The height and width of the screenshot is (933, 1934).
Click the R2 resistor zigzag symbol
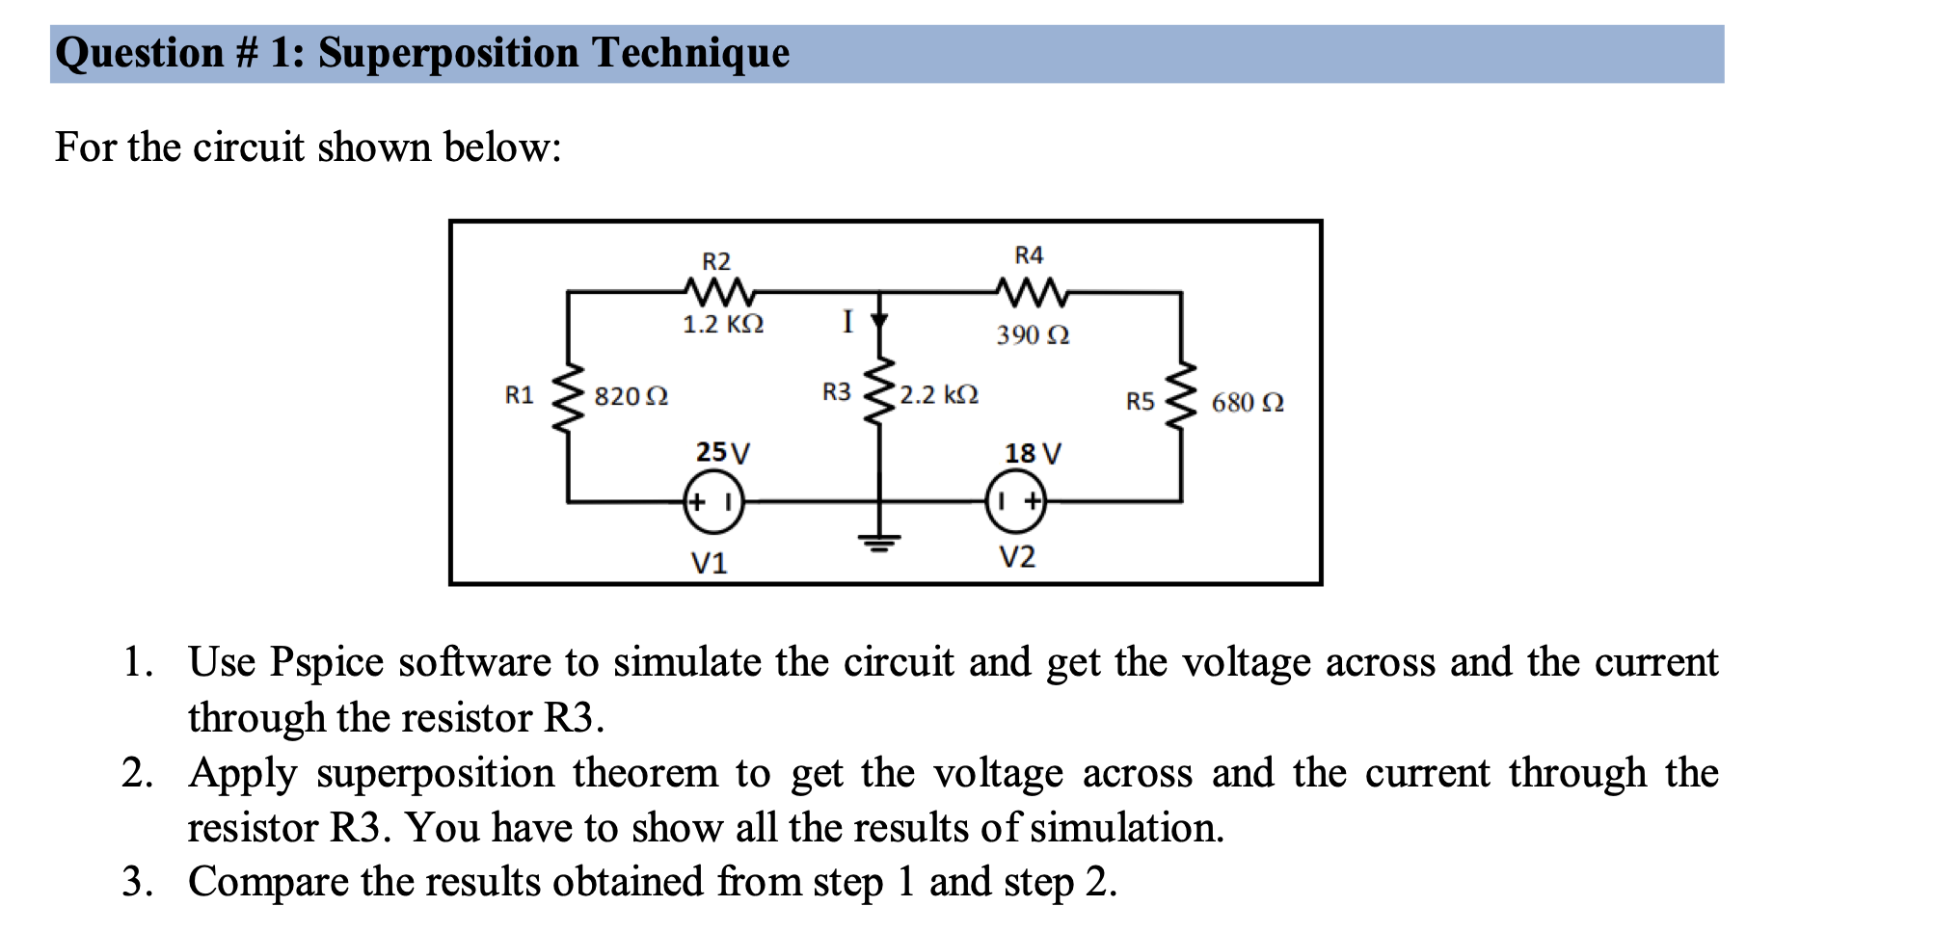coord(717,289)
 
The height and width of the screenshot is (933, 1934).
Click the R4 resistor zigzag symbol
coord(1031,289)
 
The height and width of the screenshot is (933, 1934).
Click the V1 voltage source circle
coord(713,502)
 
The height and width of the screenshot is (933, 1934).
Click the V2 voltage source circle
coord(1016,502)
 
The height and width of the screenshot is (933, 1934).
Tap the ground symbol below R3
coord(878,543)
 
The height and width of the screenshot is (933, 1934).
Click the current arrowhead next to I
coord(878,321)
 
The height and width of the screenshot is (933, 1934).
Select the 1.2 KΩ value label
coord(723,325)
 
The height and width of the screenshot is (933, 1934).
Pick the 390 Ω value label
coord(1033,335)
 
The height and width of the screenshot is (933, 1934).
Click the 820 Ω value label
coord(631,397)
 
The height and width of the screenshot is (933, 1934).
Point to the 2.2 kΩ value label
coord(939,395)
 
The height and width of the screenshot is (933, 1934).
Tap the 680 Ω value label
coord(1248,403)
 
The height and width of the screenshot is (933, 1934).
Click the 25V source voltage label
coord(722,452)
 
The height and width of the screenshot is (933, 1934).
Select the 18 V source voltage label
coord(1033,453)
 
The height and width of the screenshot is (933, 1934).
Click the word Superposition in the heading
coord(447,54)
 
